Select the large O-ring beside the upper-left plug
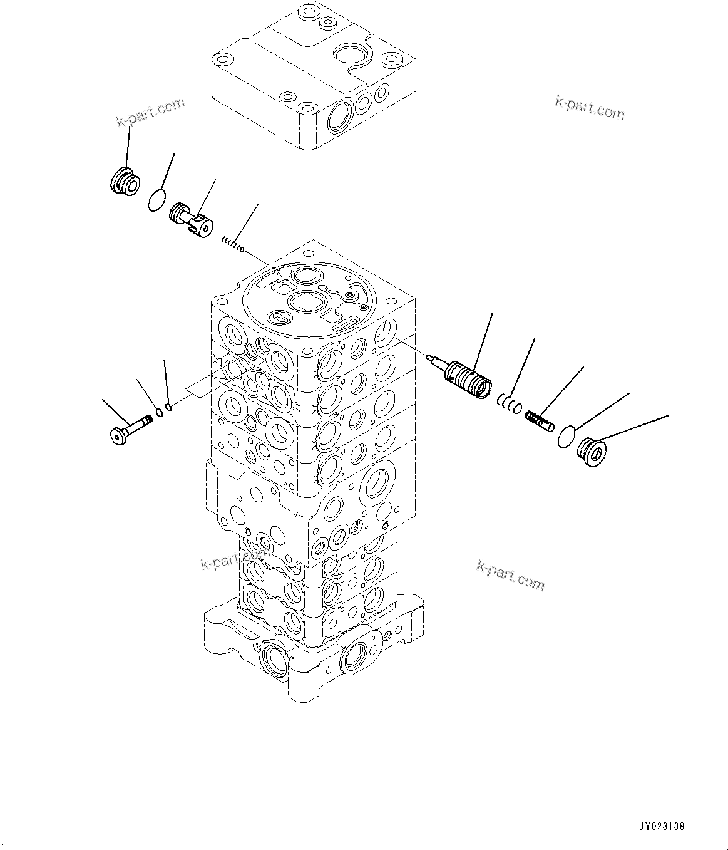click(157, 200)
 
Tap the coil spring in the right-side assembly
click(539, 421)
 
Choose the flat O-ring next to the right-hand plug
click(567, 435)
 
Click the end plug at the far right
click(592, 452)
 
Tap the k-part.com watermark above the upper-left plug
click(151, 111)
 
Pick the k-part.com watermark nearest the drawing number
click(510, 575)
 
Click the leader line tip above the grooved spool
click(491, 314)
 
